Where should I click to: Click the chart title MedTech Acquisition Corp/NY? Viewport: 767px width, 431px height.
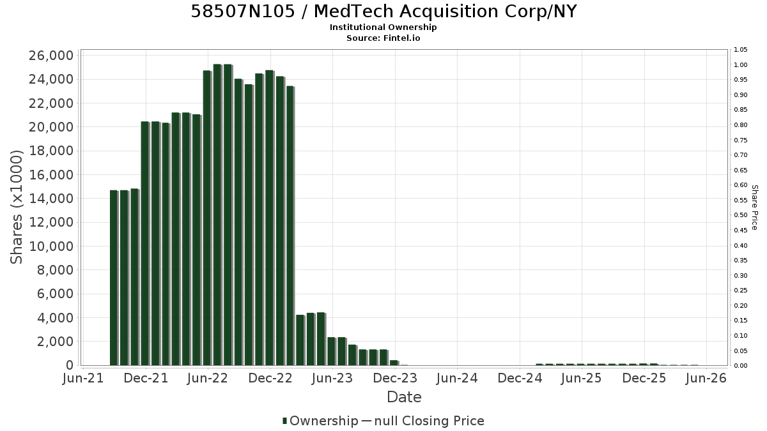click(445, 11)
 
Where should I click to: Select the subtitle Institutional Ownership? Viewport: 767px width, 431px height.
click(383, 27)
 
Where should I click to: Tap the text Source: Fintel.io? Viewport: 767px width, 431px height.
click(383, 38)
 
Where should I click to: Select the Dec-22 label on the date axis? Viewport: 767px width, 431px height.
click(270, 378)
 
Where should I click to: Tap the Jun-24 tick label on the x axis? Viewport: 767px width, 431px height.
click(457, 378)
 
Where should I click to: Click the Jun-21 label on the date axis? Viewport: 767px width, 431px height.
click(83, 378)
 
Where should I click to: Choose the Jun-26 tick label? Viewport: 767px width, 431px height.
click(706, 378)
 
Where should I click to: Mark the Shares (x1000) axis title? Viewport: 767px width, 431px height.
click(16, 207)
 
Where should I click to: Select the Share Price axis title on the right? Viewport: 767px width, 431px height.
click(755, 208)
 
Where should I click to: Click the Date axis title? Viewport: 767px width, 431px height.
click(404, 397)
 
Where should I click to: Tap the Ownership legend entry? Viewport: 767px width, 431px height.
click(320, 421)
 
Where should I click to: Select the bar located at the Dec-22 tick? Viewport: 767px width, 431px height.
click(270, 218)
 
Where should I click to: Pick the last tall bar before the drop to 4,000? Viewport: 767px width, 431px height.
click(290, 226)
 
